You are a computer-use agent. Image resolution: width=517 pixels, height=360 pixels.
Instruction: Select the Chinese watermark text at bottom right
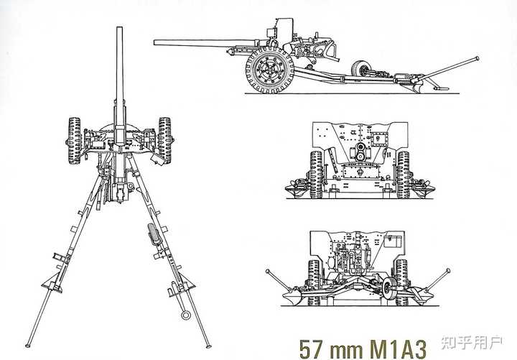pos(472,343)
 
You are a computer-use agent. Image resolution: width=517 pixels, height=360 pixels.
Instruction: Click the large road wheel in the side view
pos(270,70)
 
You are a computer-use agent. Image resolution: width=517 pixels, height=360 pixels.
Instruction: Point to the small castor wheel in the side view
pos(360,69)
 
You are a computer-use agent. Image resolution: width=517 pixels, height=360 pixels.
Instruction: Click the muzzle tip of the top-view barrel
pos(119,28)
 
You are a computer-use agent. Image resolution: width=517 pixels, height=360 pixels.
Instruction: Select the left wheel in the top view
pos(75,141)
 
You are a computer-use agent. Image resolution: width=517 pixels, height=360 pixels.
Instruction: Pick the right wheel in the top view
pos(165,140)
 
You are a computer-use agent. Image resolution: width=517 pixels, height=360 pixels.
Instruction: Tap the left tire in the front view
pos(316,175)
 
